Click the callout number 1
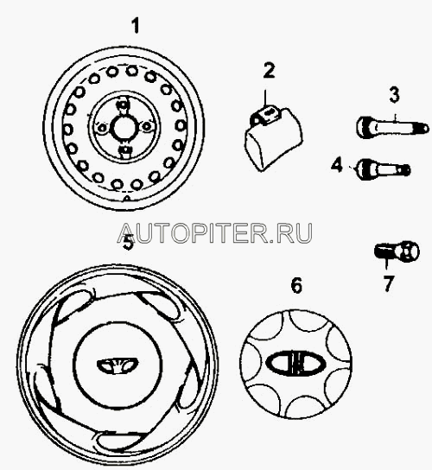[137, 26]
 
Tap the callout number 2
[269, 71]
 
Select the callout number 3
[394, 94]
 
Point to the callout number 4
[337, 165]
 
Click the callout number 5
[129, 242]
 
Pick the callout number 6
[296, 285]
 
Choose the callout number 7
[389, 283]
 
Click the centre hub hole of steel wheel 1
[124, 128]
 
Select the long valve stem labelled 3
[392, 127]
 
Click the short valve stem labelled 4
[383, 170]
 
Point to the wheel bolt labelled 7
[397, 251]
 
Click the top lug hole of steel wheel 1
[123, 105]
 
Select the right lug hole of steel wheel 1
[146, 126]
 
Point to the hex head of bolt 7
[410, 251]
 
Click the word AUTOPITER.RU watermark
[214, 233]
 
